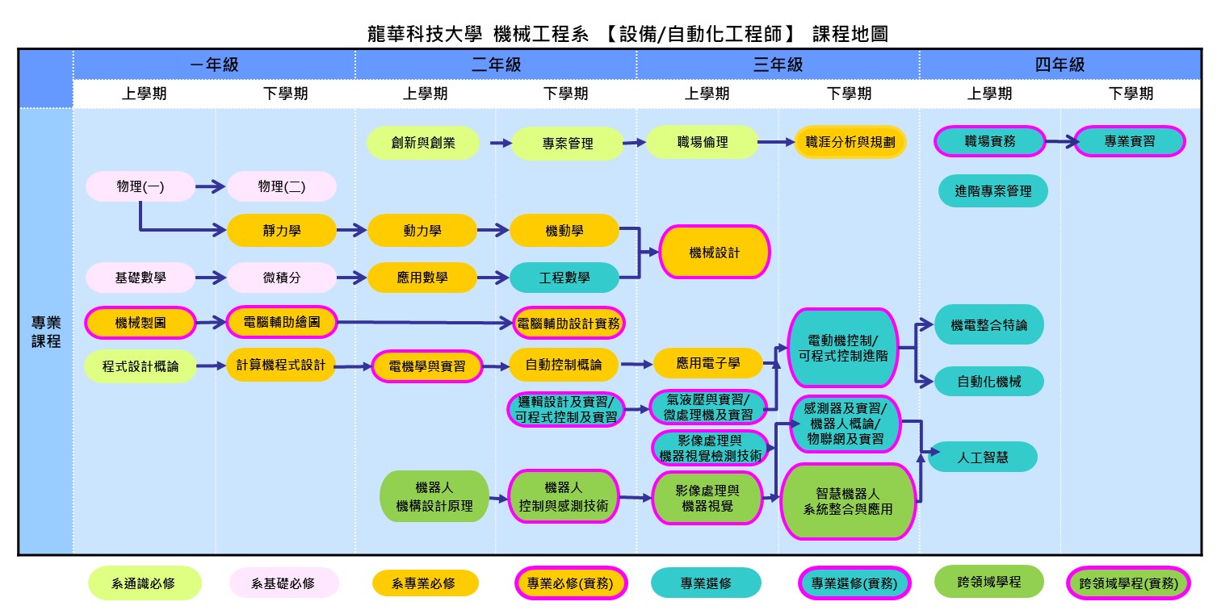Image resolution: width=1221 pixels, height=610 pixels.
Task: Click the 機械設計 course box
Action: click(x=715, y=252)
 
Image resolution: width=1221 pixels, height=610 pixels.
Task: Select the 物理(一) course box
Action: click(x=140, y=186)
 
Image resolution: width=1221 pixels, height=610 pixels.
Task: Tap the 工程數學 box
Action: click(x=564, y=278)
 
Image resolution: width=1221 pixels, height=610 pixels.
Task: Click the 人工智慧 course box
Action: click(x=982, y=457)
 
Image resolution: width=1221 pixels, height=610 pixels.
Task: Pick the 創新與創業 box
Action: click(x=423, y=143)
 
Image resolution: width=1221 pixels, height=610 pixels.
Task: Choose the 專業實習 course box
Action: click(x=1129, y=141)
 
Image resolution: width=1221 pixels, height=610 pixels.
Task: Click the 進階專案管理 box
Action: click(x=992, y=191)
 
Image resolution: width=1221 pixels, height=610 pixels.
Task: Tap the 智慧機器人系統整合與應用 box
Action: click(x=847, y=500)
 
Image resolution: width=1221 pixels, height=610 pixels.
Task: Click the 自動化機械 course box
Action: click(x=988, y=381)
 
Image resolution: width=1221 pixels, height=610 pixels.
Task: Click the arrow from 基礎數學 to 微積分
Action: click(x=210, y=278)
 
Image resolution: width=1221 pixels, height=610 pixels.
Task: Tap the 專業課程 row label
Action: click(x=46, y=332)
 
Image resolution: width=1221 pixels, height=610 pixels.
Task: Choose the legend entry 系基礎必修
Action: click(x=283, y=583)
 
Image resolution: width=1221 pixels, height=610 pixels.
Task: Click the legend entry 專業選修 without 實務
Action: click(x=706, y=583)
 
